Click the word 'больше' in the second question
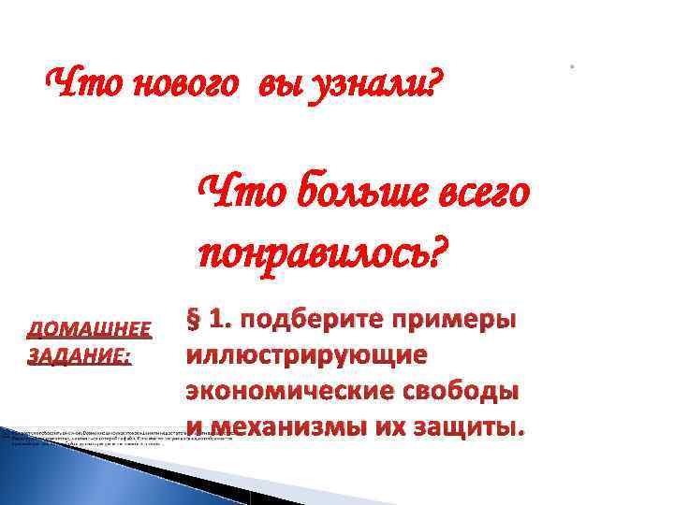359,195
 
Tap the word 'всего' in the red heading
482,195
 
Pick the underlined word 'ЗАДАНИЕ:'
80,356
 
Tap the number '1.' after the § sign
221,320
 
